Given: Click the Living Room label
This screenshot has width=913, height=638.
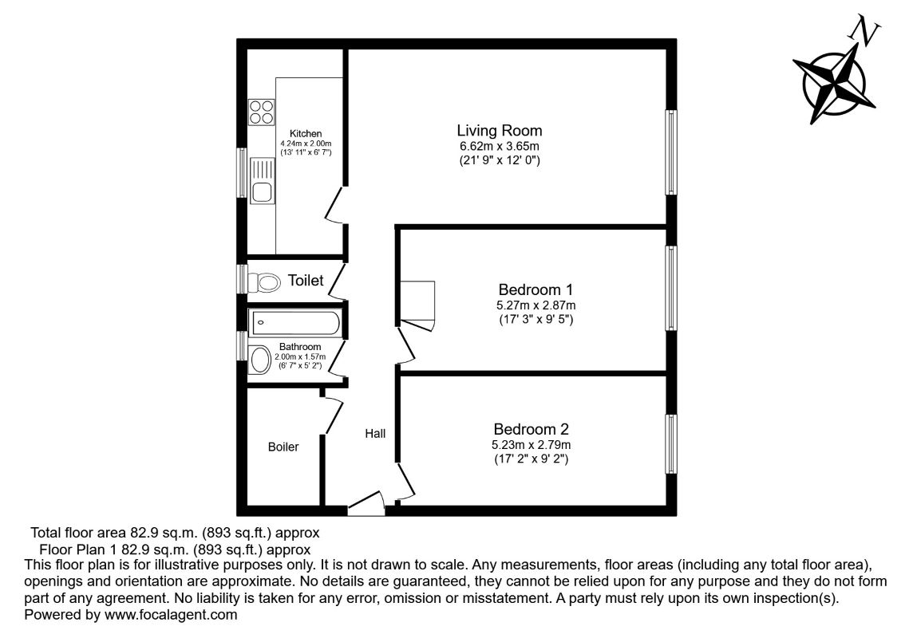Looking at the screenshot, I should (x=499, y=130).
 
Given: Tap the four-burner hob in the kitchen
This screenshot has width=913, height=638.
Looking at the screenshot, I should (x=260, y=111).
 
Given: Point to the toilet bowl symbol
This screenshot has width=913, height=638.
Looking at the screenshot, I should (x=265, y=282).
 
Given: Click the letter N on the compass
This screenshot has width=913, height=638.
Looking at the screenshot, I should (x=866, y=32).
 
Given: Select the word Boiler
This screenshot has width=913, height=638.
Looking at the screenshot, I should (x=283, y=447).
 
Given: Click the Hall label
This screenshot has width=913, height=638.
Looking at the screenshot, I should (x=375, y=434).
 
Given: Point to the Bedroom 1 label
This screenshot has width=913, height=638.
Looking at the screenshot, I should (x=536, y=289).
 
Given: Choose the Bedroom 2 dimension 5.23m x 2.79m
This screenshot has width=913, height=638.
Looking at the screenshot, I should (x=532, y=445).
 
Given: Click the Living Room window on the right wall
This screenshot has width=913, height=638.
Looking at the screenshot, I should (x=671, y=152).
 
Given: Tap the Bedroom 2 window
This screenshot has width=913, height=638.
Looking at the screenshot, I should (x=671, y=443).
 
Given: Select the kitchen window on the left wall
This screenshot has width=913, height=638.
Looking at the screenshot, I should (x=242, y=172).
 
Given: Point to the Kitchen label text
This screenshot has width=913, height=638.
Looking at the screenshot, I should (x=305, y=133).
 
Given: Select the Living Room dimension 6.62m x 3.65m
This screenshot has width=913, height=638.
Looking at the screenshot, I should (x=499, y=146).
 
